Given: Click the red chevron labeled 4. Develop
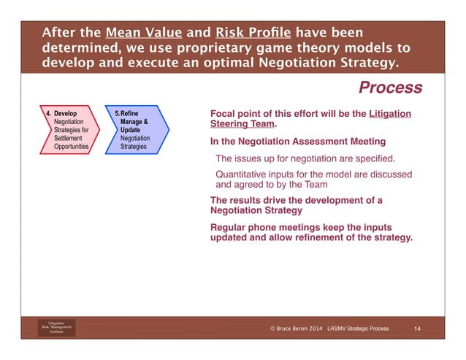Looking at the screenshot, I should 69,131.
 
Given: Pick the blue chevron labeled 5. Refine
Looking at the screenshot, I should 137,131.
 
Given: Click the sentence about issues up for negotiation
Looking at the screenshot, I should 305,158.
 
